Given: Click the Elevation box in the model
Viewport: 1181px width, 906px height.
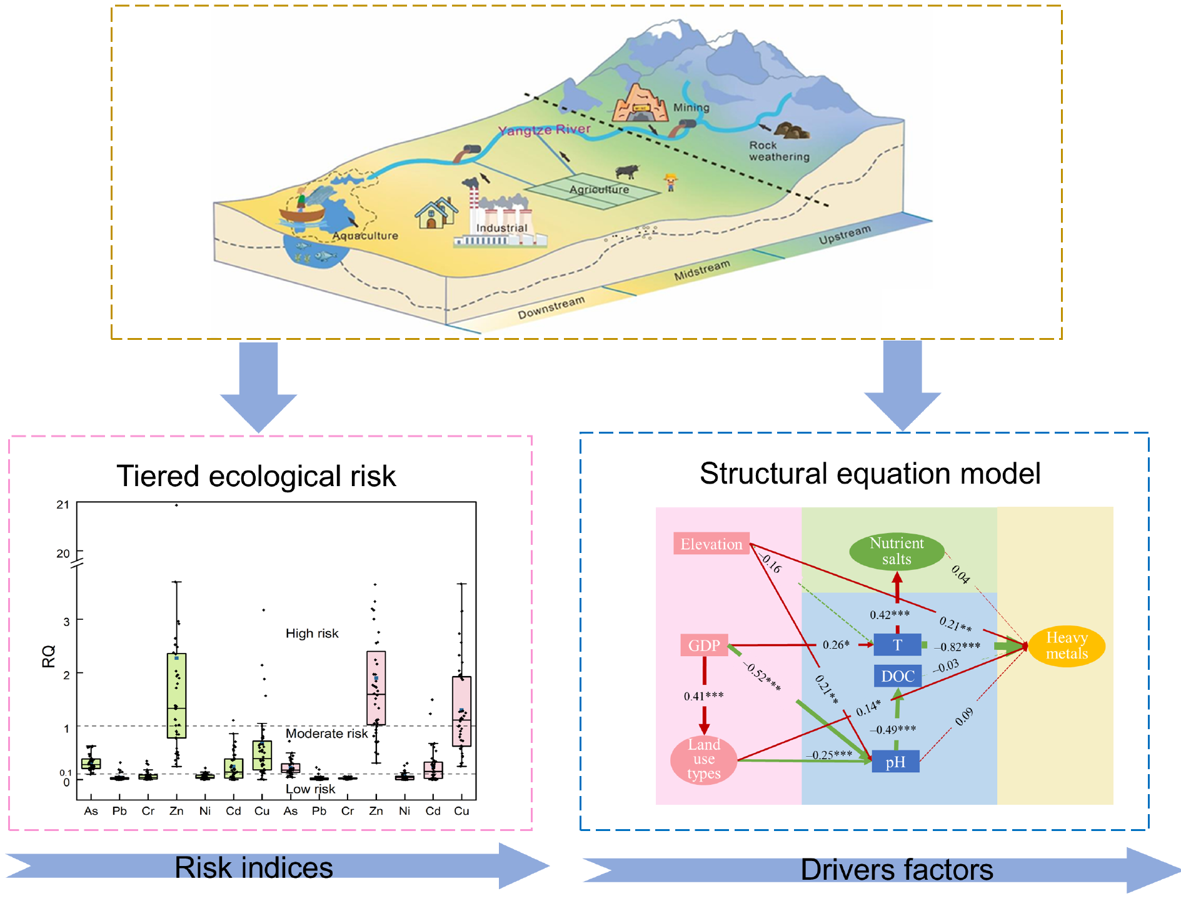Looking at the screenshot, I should pos(711,544).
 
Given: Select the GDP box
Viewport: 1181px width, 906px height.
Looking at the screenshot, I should pos(704,645).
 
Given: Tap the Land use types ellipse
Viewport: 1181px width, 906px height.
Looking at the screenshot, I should pos(704,759).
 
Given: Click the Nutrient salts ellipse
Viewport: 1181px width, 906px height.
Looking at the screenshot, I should pos(897,551).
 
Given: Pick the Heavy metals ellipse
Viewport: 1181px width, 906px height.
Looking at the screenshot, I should pos(1067,645).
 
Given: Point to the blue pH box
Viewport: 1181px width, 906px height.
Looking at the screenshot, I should pos(895,762).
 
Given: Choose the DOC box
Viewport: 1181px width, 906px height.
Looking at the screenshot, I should pos(898,676).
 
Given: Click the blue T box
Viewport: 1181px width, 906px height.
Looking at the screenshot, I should pos(897,645).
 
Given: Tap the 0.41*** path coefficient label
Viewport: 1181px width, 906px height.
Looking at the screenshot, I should pos(703,696).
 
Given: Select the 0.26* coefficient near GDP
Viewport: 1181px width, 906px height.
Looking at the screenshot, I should pos(836,645).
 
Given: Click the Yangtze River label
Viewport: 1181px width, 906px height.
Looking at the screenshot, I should pos(544,130).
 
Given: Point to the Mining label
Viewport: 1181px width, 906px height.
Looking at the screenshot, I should pos(691,107).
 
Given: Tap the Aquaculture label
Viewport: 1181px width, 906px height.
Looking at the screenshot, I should pos(365,236).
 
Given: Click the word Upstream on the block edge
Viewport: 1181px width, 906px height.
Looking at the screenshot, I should pos(845,235).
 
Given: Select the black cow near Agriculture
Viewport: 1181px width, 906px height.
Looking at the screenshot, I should pos(626,171).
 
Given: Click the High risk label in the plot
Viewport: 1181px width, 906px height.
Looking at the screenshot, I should pos(312,634).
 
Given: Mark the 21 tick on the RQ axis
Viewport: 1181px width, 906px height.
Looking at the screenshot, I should pos(63,505).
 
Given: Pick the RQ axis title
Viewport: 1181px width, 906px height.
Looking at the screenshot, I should pos(49,656).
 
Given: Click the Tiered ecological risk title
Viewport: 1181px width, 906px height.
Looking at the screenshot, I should pos(256,476).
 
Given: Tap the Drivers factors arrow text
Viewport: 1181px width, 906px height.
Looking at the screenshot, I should pos(897,870).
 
